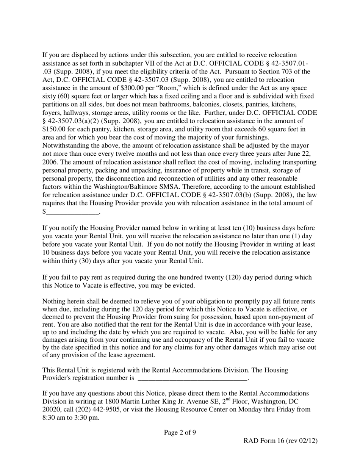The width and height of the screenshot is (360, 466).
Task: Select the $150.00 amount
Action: pos(54,129)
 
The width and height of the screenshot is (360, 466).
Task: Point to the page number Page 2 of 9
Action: pos(180,432)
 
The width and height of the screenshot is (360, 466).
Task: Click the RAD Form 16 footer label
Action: pos(280,441)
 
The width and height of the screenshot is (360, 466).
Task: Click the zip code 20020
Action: pos(51,410)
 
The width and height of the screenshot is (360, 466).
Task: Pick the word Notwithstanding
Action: pos(65,146)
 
